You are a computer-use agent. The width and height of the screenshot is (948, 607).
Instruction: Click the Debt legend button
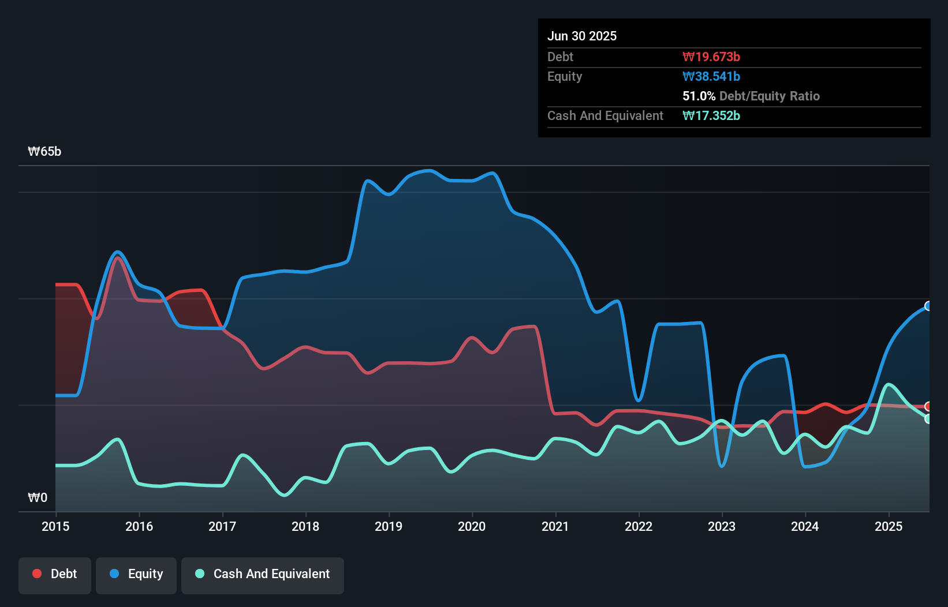click(x=55, y=575)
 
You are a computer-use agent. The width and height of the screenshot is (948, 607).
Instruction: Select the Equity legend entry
click(x=136, y=575)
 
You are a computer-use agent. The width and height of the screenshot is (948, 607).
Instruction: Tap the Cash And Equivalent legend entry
click(x=263, y=575)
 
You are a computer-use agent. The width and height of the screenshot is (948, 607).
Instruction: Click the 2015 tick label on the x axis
click(x=55, y=526)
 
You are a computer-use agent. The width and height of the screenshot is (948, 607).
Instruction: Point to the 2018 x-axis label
click(x=305, y=526)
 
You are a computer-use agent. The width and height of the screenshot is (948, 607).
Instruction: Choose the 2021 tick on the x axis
click(x=555, y=526)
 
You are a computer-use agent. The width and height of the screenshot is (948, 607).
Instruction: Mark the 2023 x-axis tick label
click(x=722, y=526)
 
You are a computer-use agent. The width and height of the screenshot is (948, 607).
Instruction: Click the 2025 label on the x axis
click(x=889, y=526)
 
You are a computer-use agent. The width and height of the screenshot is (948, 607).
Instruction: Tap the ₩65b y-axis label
click(x=44, y=152)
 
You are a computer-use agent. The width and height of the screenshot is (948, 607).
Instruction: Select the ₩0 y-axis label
click(x=38, y=497)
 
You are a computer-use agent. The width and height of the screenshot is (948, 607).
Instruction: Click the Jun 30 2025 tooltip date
click(x=582, y=36)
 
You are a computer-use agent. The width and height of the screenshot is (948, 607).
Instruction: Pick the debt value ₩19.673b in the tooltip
click(x=711, y=57)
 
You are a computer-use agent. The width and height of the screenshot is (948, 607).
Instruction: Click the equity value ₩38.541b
click(x=711, y=76)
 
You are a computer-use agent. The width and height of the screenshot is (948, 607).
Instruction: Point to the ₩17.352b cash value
click(x=711, y=115)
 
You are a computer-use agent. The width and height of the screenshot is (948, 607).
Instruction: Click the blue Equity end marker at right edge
click(x=928, y=306)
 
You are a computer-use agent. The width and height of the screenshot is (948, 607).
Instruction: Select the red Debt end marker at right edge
click(x=928, y=406)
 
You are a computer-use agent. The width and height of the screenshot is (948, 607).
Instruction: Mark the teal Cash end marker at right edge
click(x=928, y=419)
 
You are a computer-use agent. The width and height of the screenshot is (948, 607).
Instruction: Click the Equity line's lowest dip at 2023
click(x=722, y=466)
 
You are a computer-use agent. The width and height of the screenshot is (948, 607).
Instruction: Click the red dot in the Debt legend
click(x=37, y=574)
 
